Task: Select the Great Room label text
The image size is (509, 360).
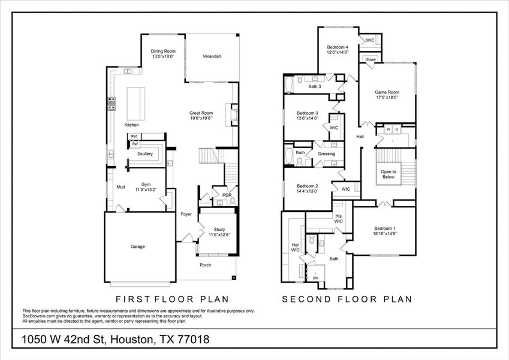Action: (201, 115)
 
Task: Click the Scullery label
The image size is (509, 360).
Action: (144, 154)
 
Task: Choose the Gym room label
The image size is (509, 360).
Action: (145, 187)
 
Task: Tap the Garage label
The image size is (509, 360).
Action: (138, 247)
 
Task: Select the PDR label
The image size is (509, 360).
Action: (227, 195)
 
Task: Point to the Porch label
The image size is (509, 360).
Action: (206, 265)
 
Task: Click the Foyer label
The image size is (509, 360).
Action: (186, 214)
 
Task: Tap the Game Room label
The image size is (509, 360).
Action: (387, 95)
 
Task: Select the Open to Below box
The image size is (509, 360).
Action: (388, 174)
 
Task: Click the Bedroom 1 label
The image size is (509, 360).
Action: (384, 231)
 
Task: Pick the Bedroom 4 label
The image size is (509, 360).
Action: (337, 50)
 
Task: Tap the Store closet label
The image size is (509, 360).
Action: (371, 59)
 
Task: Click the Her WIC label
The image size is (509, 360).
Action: (295, 247)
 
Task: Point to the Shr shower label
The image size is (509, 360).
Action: (315, 278)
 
